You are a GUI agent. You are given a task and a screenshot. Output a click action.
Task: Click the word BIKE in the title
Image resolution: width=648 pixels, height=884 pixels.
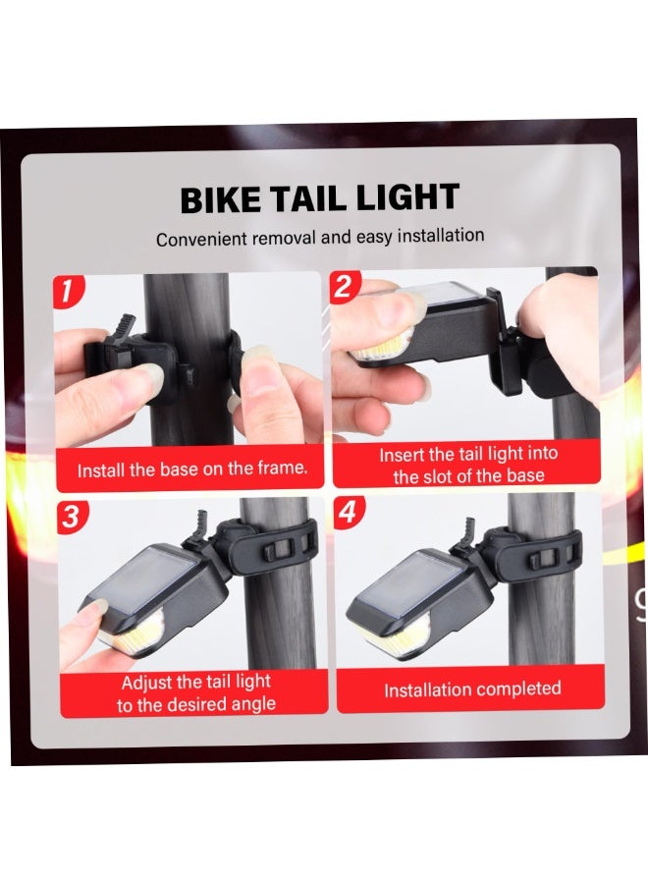click(x=220, y=200)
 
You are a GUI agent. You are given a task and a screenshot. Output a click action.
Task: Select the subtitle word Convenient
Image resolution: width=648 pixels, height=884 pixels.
click(x=201, y=240)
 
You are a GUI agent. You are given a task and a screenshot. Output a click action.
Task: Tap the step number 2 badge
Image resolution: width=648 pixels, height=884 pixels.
click(x=344, y=287)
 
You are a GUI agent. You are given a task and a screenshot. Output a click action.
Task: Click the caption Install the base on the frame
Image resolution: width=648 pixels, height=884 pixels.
click(x=192, y=469)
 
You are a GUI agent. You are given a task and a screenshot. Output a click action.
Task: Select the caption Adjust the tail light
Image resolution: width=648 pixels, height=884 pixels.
click(x=196, y=692)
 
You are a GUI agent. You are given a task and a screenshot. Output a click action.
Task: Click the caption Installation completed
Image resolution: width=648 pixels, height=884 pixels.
click(x=471, y=690)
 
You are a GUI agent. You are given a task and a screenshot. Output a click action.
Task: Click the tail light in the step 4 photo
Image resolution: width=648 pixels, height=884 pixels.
click(x=412, y=599)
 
